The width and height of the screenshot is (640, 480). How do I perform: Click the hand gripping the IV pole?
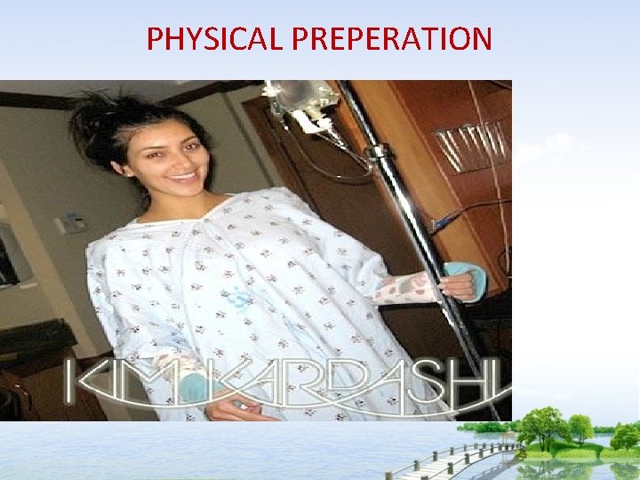pos(459,284)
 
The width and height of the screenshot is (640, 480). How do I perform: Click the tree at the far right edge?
pos(625,436)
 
